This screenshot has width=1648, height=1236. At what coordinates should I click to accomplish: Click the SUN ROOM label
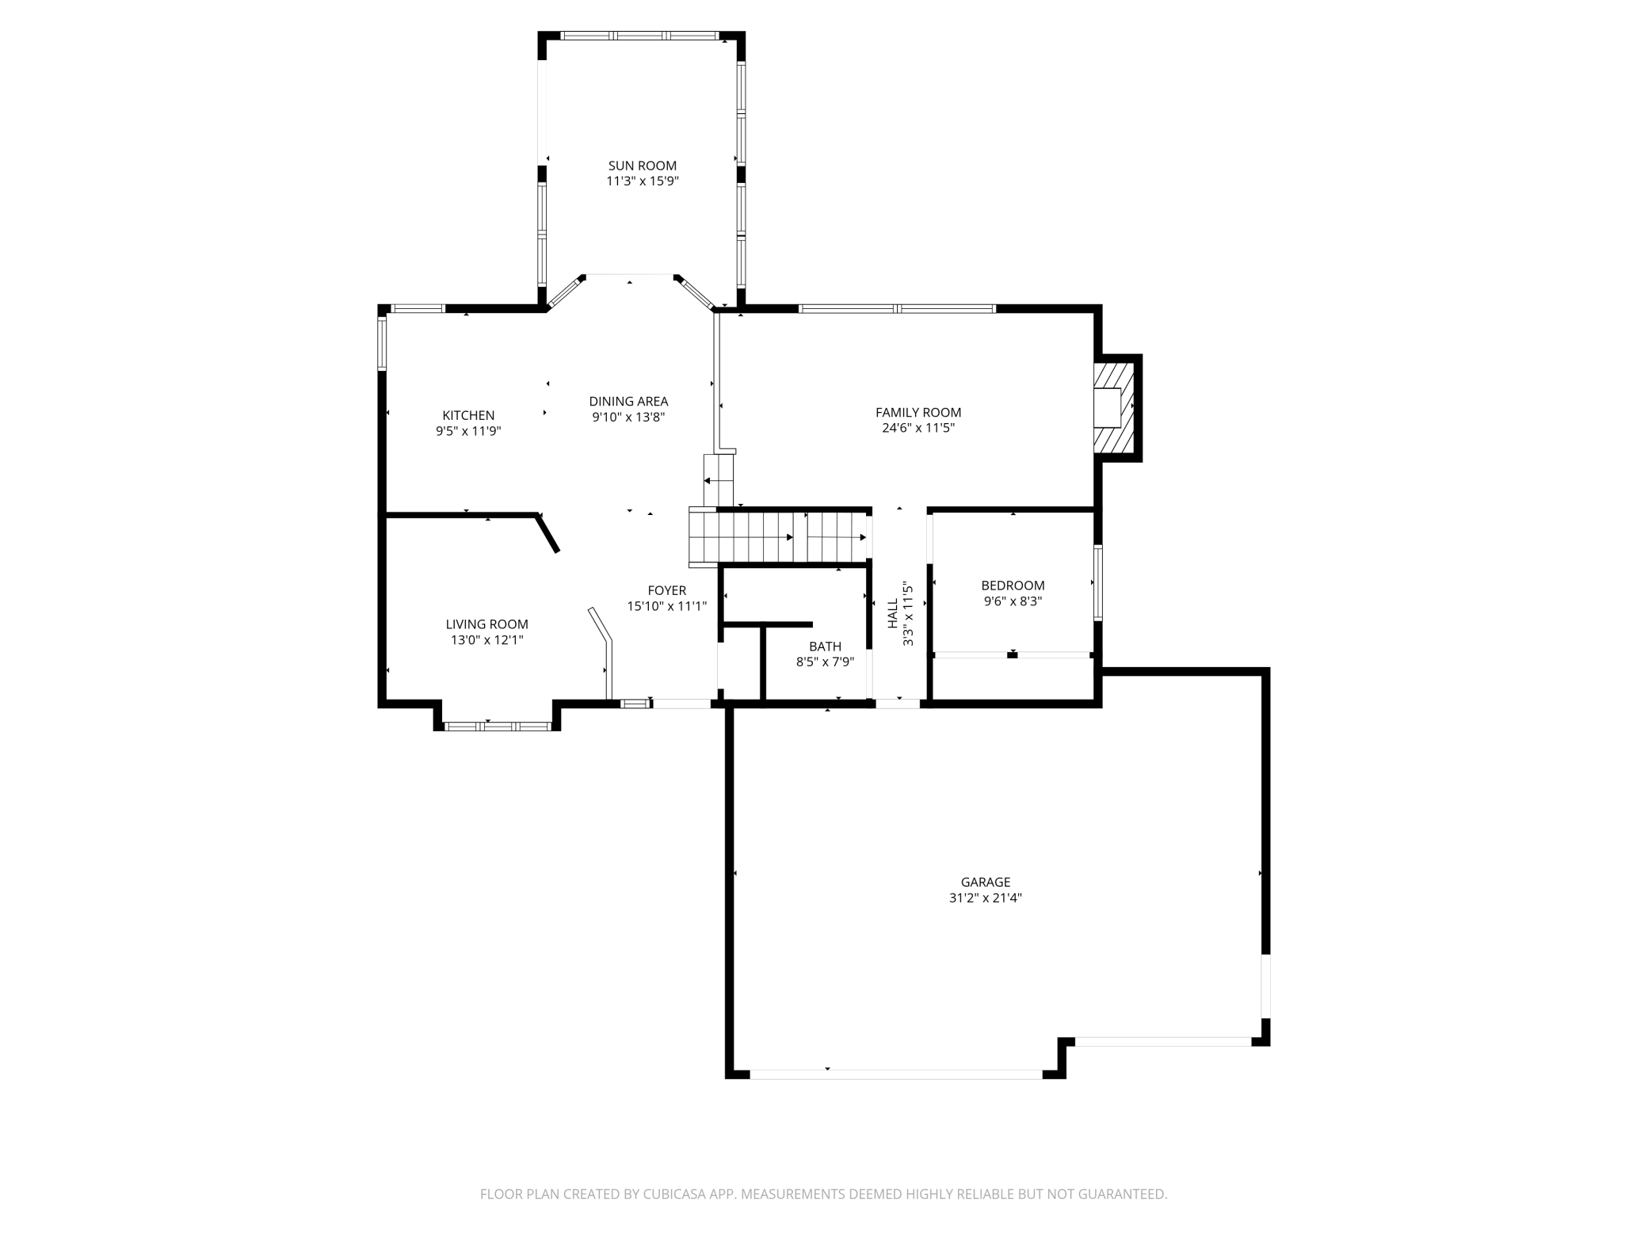pyautogui.click(x=643, y=166)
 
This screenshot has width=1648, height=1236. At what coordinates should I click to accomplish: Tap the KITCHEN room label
pyautogui.click(x=468, y=415)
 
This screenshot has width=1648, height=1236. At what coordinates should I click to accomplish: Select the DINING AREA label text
pyautogui.click(x=628, y=401)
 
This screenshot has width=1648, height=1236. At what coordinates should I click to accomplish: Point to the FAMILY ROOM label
pyautogui.click(x=918, y=412)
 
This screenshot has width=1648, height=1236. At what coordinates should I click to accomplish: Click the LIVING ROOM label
pyautogui.click(x=486, y=624)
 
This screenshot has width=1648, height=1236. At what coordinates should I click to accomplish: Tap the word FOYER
pyautogui.click(x=667, y=590)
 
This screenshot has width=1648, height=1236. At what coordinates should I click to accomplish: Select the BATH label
pyautogui.click(x=826, y=647)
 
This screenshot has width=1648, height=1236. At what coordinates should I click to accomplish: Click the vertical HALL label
pyautogui.click(x=893, y=613)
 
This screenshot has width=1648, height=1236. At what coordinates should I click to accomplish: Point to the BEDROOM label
pyautogui.click(x=1013, y=586)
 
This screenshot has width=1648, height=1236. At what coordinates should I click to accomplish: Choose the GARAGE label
pyautogui.click(x=986, y=882)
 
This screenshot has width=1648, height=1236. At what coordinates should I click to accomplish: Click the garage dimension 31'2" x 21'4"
pyautogui.click(x=986, y=898)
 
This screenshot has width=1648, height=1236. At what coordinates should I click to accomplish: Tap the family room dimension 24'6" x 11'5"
pyautogui.click(x=918, y=428)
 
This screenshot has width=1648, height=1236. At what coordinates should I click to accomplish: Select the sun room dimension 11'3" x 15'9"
pyautogui.click(x=643, y=181)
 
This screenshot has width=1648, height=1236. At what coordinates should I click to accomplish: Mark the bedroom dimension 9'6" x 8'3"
pyautogui.click(x=1013, y=601)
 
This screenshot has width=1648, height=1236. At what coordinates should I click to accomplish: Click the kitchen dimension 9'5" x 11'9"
pyautogui.click(x=468, y=431)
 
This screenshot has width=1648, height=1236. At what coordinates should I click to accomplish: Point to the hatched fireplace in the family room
pyautogui.click(x=1115, y=408)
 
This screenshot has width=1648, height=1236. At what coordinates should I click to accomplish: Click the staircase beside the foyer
pyautogui.click(x=779, y=536)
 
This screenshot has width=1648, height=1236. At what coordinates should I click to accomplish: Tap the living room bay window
pyautogui.click(x=497, y=726)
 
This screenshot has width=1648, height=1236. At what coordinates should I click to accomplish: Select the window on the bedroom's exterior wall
pyautogui.click(x=1098, y=582)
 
